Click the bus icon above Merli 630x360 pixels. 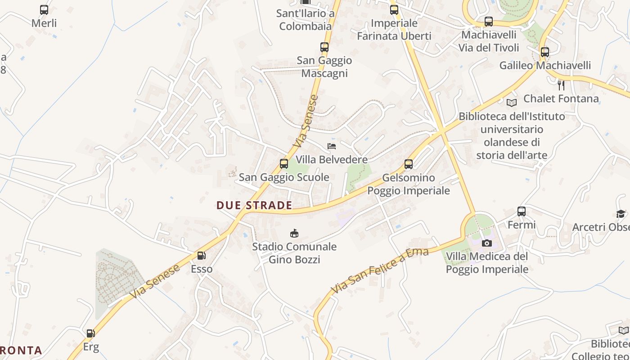pos(44,9)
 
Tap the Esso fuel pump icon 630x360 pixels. pos(202,256)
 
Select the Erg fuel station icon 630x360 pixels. pos(91,333)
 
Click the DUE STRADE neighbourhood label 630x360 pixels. pos(254,205)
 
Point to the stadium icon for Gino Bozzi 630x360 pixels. pos(294,233)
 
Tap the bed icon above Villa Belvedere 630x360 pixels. pos(332,146)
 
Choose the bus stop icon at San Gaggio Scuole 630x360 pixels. pos(284,164)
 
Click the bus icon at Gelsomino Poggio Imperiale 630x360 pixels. pos(409,164)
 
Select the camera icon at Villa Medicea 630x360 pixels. pos(486,243)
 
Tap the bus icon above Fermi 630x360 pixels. pos(522,211)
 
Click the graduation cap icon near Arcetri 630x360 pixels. pos(621,214)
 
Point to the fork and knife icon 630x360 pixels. pos(561,85)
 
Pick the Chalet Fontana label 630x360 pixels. pos(561,99)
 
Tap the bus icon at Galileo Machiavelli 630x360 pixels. pos(545,52)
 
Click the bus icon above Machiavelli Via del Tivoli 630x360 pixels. pos(489,21)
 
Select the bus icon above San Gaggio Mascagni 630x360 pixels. pos(324,47)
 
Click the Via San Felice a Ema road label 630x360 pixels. pos(380,270)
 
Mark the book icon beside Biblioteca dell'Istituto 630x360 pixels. pos(512,103)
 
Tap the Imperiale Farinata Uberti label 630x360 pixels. pos(394,30)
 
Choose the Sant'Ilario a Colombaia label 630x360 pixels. pos(306,20)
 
